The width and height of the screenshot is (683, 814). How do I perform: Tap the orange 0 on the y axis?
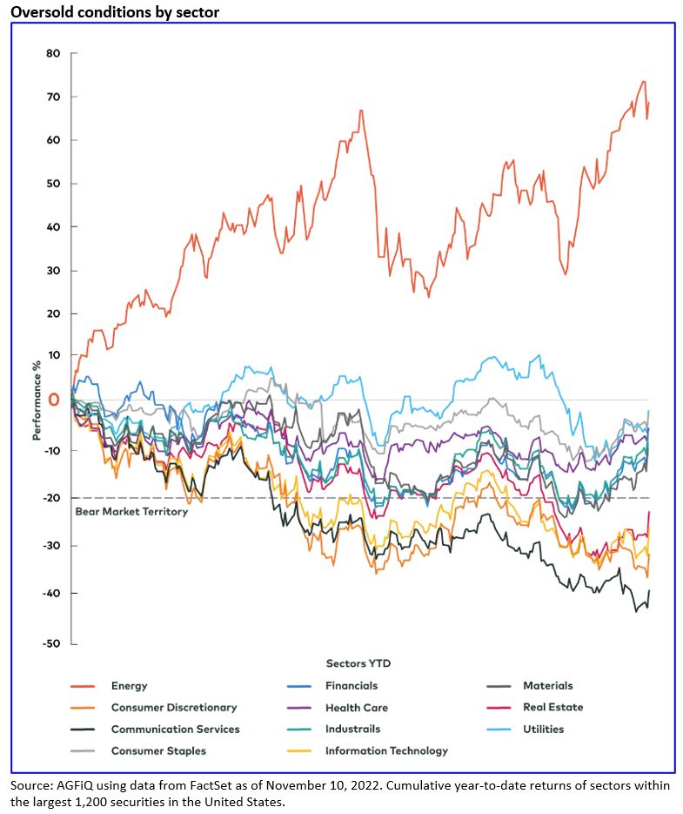(x=54, y=400)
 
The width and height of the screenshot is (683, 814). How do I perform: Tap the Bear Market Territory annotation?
(x=131, y=512)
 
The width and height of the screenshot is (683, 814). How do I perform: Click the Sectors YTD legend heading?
(x=358, y=663)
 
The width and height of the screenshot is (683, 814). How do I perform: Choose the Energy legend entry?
(x=129, y=686)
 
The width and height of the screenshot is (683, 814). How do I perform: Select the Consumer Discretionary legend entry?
(x=173, y=708)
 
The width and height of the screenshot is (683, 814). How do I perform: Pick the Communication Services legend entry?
(x=175, y=730)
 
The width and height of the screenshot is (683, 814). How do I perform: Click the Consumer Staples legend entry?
(x=158, y=750)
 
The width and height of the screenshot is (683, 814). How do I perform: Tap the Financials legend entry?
(x=351, y=686)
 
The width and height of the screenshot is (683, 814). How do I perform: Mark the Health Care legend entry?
(x=356, y=708)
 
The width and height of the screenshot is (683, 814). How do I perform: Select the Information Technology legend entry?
(x=386, y=750)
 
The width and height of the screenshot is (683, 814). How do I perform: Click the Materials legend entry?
(x=547, y=686)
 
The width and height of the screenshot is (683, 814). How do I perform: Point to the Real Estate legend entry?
(x=552, y=708)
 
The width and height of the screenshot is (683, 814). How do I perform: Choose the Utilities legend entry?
(x=543, y=730)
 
